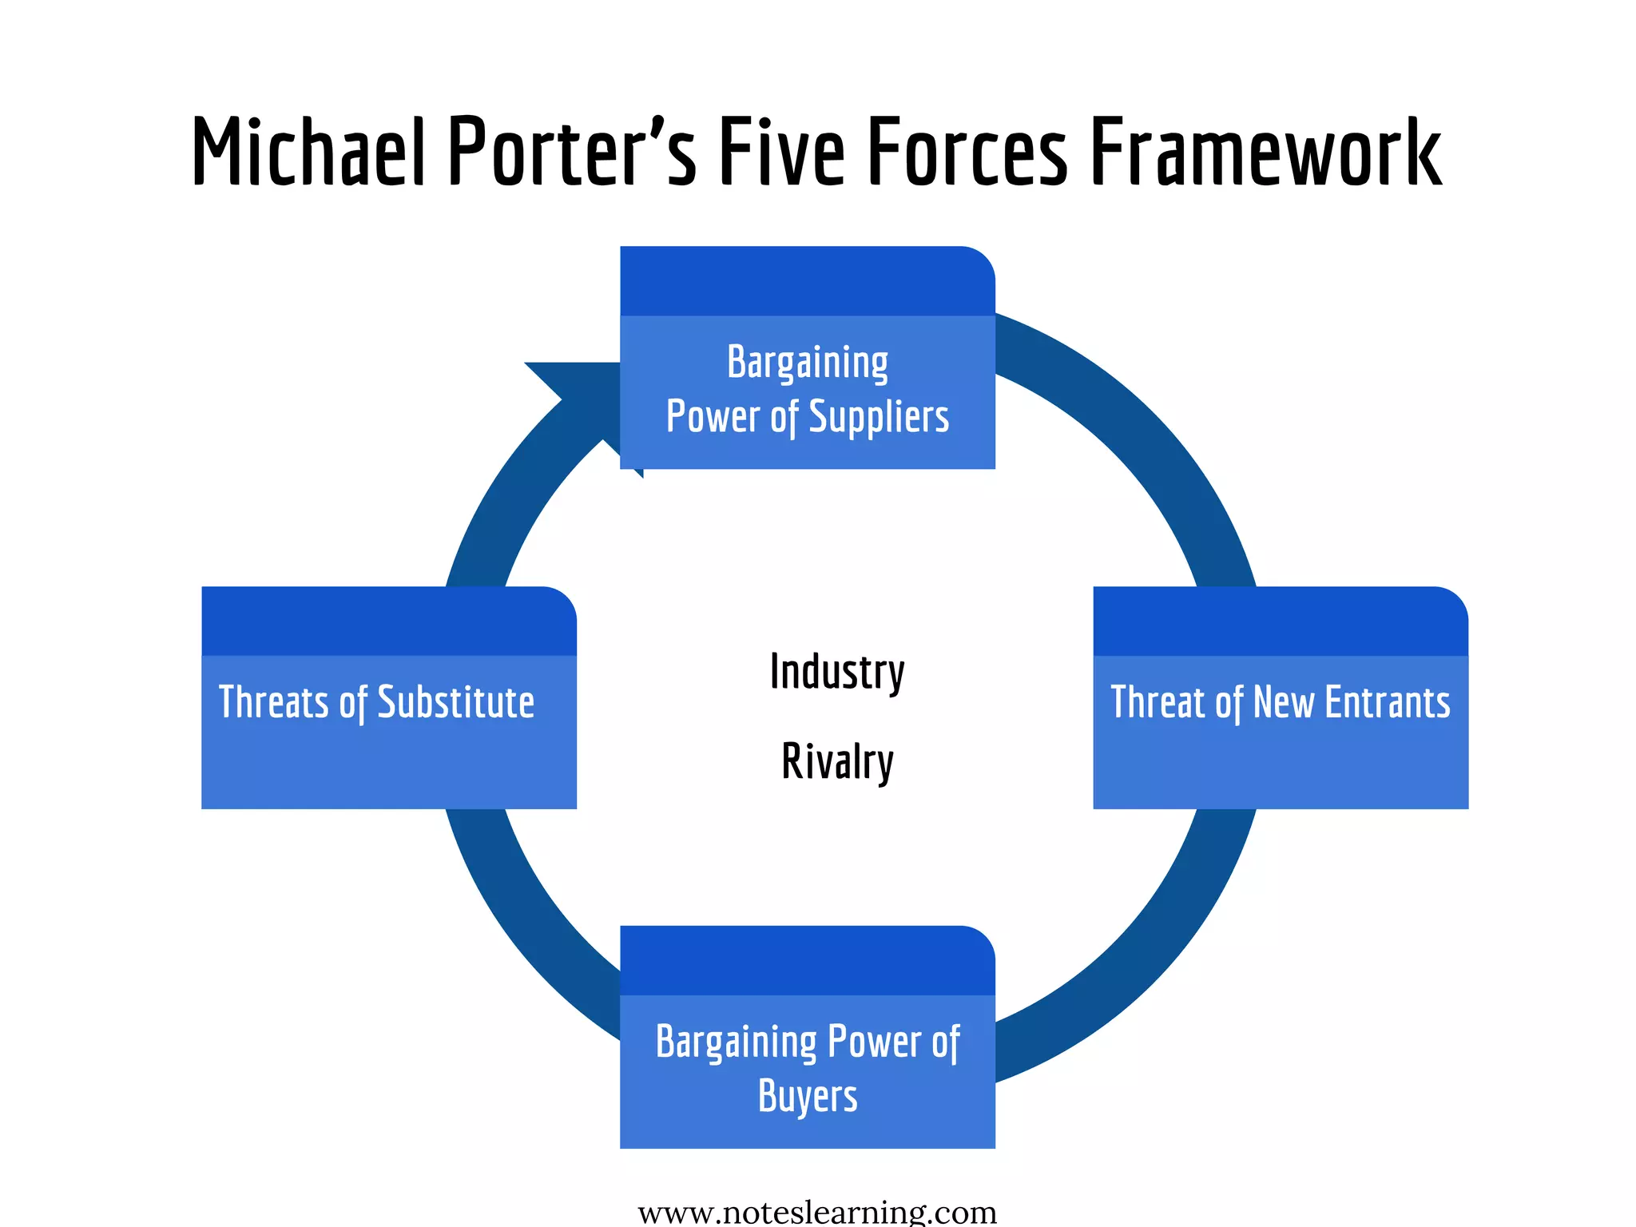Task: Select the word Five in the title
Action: pos(781,152)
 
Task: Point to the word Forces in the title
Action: pos(967,152)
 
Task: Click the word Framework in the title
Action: pos(1266,152)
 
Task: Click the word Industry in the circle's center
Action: pos(837,673)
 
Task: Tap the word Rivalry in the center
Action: pos(837,762)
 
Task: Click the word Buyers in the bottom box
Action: pos(808,1096)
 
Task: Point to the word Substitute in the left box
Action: pos(455,703)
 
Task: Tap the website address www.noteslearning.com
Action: pos(817,1213)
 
